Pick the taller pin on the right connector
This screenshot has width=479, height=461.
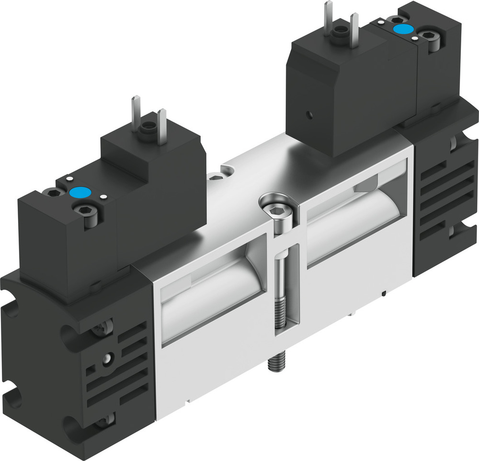pos(328,18)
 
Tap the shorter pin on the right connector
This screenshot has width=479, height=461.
pos(354,30)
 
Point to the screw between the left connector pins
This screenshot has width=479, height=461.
pos(147,128)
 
